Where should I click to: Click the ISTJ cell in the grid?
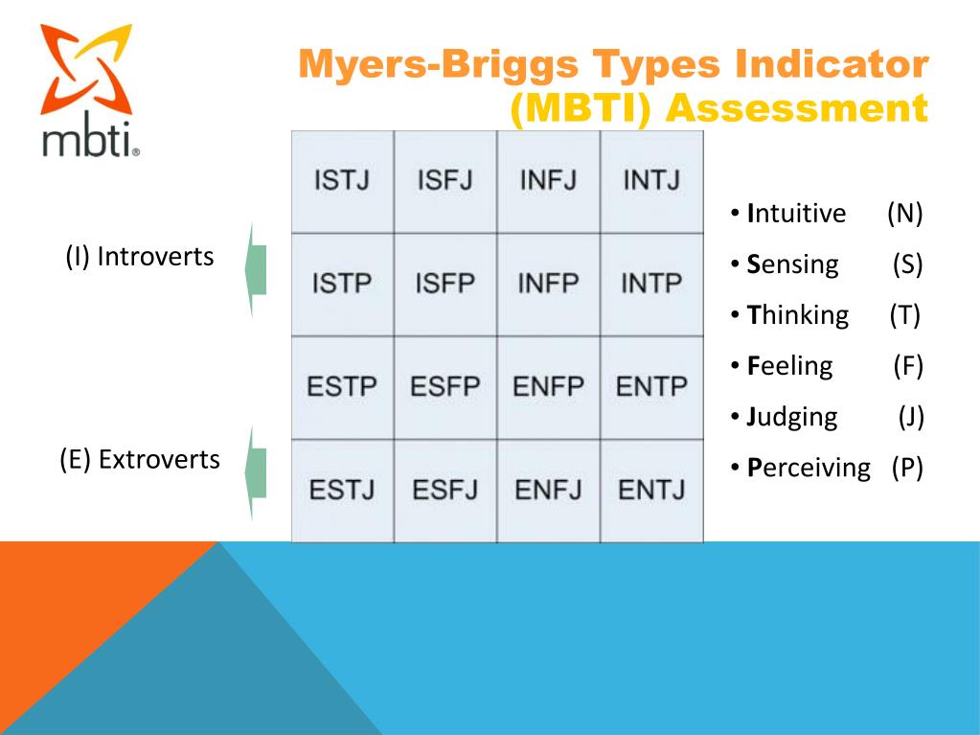tap(342, 181)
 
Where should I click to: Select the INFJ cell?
tap(548, 181)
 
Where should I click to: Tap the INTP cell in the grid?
tap(651, 284)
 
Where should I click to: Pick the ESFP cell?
tap(444, 387)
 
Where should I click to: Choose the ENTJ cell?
tap(651, 491)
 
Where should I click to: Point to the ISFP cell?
tap(444, 284)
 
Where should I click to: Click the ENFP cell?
tap(548, 387)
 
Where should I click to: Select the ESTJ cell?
tap(342, 491)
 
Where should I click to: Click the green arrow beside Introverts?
tap(255, 269)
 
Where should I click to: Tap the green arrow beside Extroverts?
tap(255, 472)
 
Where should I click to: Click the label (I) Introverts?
tap(140, 257)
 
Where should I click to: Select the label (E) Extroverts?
tap(140, 460)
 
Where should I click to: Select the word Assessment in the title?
tap(797, 107)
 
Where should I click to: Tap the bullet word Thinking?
tap(798, 315)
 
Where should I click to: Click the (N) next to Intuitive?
tap(904, 214)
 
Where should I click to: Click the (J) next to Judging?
tap(909, 417)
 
